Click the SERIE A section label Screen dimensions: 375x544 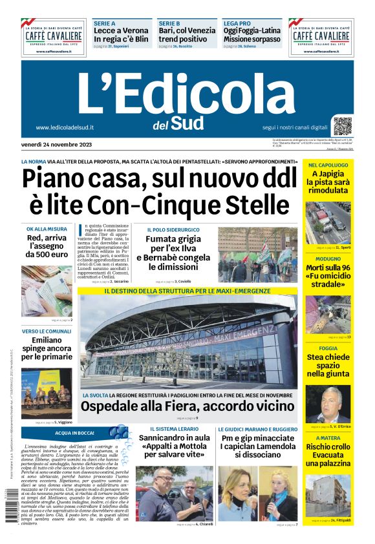point(104,23)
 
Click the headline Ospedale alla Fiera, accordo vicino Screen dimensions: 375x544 point(187,406)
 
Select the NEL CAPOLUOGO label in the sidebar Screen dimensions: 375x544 point(328,165)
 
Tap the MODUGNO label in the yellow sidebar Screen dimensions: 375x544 point(323,257)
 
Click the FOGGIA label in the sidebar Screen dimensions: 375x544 point(319,348)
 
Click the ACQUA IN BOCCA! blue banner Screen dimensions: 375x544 point(74,432)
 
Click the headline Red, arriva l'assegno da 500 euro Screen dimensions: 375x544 point(47,246)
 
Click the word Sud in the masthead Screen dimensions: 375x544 point(188,122)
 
